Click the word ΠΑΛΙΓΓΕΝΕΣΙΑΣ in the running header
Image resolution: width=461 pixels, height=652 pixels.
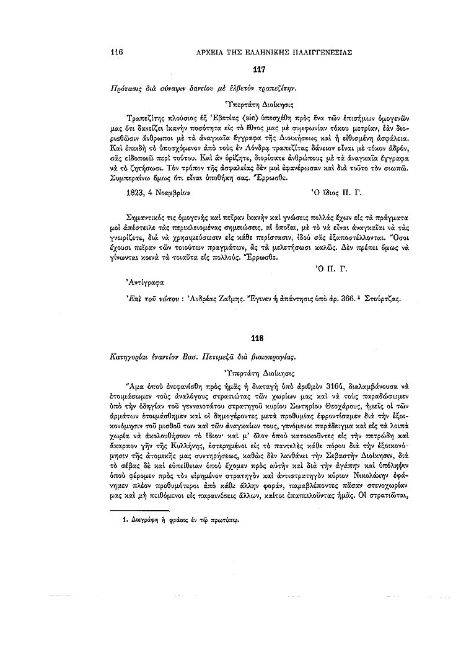pyautogui.click(x=320, y=53)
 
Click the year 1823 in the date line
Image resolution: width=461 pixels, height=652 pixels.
pyautogui.click(x=136, y=193)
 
